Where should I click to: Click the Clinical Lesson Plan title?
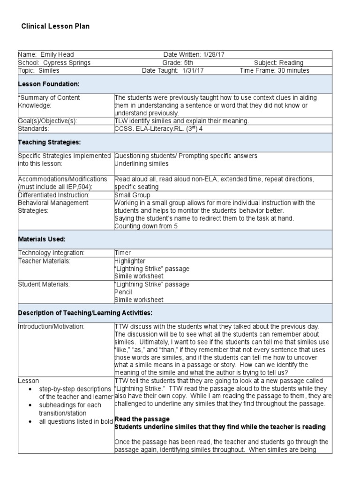[55, 26]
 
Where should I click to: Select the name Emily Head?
[57, 55]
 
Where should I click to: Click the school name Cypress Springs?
[67, 63]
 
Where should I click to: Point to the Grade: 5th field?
[183, 63]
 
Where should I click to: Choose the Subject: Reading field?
[278, 63]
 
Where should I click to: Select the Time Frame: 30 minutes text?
[274, 71]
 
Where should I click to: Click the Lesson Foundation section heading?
[49, 84]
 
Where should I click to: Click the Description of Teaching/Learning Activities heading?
[85, 313]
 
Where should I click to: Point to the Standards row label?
[33, 128]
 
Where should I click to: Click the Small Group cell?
[132, 195]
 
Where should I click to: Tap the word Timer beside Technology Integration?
[123, 253]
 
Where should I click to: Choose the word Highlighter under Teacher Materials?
[130, 261]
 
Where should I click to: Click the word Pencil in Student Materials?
[124, 292]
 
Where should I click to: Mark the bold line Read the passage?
[142, 419]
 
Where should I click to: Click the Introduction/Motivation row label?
[51, 326]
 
